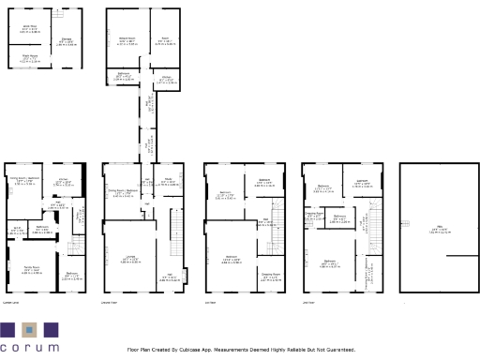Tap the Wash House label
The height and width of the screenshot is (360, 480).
click(x=29, y=57)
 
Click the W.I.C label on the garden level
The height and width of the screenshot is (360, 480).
click(x=17, y=229)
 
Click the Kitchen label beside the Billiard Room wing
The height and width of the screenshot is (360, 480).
click(x=165, y=81)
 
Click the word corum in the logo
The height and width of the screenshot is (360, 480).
click(x=29, y=349)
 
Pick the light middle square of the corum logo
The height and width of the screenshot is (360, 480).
click(x=29, y=329)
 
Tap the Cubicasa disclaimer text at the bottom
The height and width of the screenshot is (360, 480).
click(x=242, y=350)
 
